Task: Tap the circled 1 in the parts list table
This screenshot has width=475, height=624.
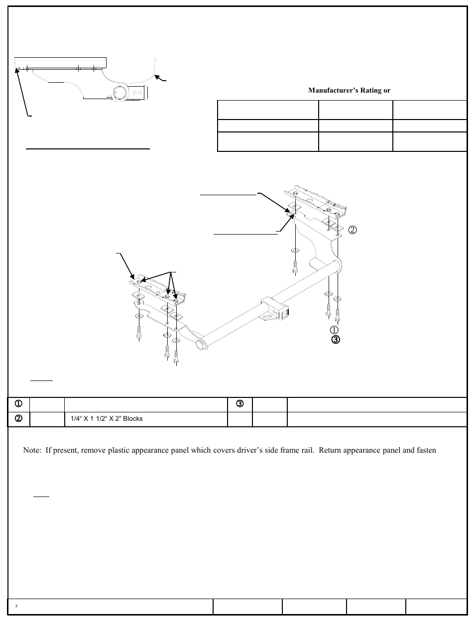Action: pyautogui.click(x=18, y=404)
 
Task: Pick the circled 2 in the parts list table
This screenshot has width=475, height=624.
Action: pyautogui.click(x=18, y=419)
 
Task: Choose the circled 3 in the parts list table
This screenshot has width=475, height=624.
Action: pyautogui.click(x=239, y=404)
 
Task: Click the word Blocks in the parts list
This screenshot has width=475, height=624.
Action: pyautogui.click(x=132, y=419)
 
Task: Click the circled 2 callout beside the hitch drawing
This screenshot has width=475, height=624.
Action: pyautogui.click(x=353, y=230)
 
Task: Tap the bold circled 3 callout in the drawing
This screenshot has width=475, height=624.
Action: pyautogui.click(x=335, y=340)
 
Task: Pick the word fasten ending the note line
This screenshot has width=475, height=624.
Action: pyautogui.click(x=426, y=450)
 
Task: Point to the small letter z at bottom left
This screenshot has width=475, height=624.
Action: pyautogui.click(x=17, y=606)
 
